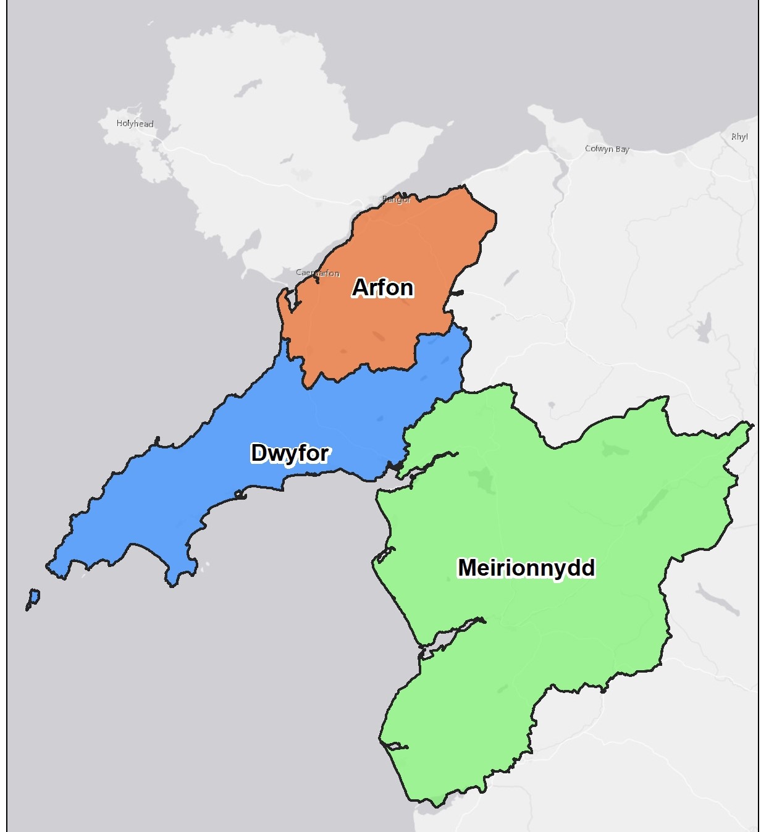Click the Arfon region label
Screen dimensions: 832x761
point(383,288)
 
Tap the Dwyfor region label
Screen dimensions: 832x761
point(290,453)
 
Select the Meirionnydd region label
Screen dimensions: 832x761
point(526,568)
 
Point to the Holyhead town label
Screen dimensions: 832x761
point(135,124)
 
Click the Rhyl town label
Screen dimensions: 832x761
point(739,137)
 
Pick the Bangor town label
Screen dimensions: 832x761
point(397,200)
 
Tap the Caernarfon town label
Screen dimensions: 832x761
point(317,273)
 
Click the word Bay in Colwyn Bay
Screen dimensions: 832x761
point(622,149)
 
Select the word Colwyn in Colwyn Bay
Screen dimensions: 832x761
point(599,149)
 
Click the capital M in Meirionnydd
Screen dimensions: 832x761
point(468,568)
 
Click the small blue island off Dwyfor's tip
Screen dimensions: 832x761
point(34,597)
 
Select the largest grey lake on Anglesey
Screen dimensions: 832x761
point(248,88)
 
